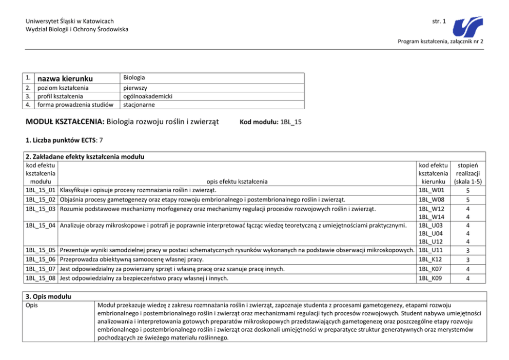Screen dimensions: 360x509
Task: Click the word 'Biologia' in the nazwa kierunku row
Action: [134, 78]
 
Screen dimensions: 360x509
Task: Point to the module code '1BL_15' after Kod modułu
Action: [291, 122]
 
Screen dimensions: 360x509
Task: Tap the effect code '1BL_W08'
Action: [431, 199]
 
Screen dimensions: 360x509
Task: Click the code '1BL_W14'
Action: [431, 217]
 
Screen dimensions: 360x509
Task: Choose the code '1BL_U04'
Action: [431, 234]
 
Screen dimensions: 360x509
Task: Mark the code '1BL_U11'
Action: [431, 251]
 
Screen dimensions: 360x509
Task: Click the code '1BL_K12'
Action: [431, 260]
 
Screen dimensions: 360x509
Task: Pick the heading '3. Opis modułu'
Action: [48, 297]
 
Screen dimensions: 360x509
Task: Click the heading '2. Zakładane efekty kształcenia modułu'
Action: [85, 156]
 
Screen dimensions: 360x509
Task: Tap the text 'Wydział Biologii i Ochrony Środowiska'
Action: [77, 29]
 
